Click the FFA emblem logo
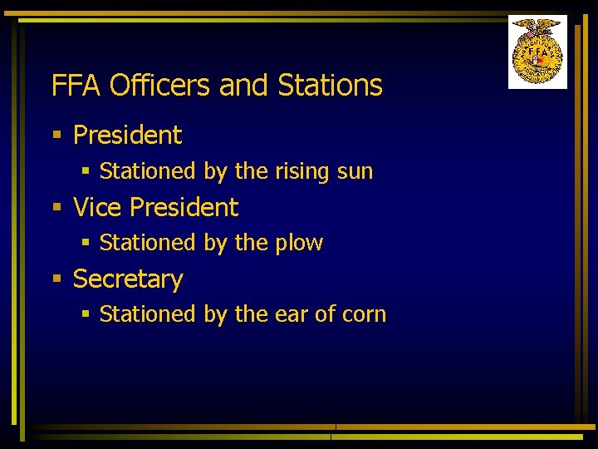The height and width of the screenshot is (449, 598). (x=537, y=52)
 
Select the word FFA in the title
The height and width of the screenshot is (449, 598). (x=76, y=85)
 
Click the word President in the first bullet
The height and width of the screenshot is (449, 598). (x=127, y=135)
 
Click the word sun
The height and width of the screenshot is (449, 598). (x=355, y=172)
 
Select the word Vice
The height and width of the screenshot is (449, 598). (x=97, y=207)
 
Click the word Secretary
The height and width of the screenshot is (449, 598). (x=127, y=279)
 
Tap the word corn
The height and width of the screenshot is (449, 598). (x=364, y=315)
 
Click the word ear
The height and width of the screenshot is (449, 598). (x=292, y=315)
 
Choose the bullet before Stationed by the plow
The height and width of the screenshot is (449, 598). (x=86, y=243)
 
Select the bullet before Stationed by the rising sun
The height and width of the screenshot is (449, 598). (x=86, y=171)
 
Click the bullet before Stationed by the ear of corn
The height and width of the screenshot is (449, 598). (x=86, y=314)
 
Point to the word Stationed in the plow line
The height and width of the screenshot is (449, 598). (x=147, y=244)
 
